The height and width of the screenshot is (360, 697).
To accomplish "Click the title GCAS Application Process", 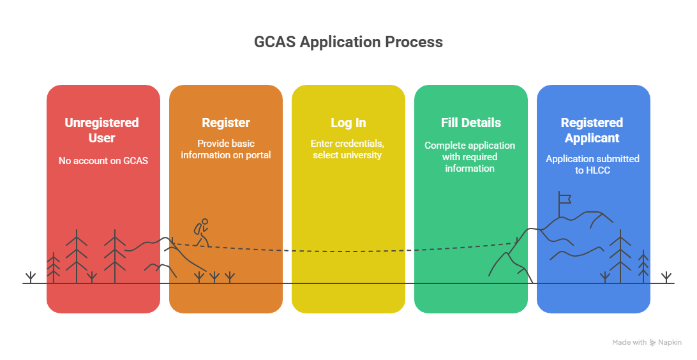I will [x=348, y=42].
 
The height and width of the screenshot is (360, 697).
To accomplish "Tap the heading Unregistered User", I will [x=102, y=130].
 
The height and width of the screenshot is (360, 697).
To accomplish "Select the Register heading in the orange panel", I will [x=225, y=123].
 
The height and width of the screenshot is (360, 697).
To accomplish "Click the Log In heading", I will [x=348, y=123].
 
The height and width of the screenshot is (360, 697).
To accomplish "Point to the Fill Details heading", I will [x=470, y=123].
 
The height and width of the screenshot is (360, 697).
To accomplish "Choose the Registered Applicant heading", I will [x=592, y=130].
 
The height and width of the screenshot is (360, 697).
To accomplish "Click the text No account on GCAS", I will [x=103, y=161].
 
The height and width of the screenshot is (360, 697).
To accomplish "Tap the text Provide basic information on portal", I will [x=225, y=149].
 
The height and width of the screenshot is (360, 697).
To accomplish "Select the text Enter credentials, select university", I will [x=348, y=149].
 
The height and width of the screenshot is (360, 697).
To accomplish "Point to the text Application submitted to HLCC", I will [x=592, y=165].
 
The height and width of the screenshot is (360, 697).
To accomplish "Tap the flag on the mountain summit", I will [x=564, y=199].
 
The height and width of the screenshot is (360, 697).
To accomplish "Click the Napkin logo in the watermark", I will [x=653, y=343].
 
